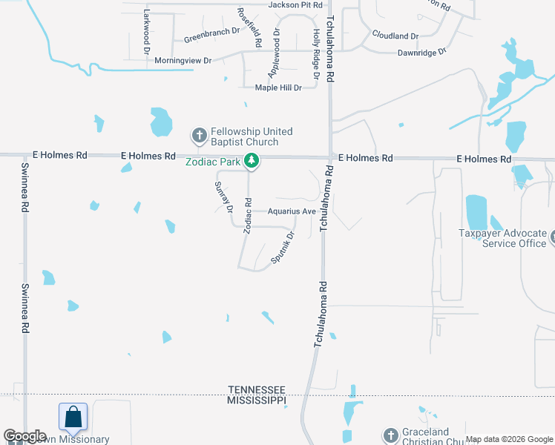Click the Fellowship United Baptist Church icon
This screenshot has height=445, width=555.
[x=199, y=136]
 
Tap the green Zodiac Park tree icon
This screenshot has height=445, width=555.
[x=252, y=160]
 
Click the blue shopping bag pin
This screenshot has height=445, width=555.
[x=73, y=417]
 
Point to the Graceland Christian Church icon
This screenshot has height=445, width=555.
[x=391, y=435]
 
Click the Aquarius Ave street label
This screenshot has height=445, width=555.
[x=293, y=211]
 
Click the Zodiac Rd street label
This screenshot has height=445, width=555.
[x=249, y=216]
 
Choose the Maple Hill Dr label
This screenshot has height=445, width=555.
[x=278, y=88]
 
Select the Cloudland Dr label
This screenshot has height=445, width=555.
[x=395, y=36]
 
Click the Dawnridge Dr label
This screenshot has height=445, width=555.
[x=421, y=53]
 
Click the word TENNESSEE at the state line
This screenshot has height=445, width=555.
[x=257, y=390]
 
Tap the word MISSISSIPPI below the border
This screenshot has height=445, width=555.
[x=257, y=400]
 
